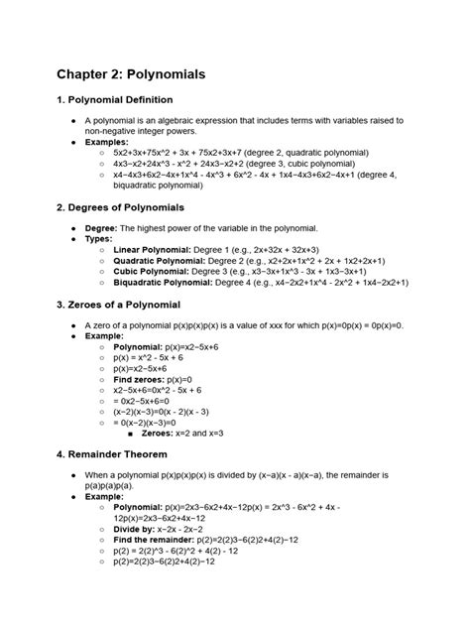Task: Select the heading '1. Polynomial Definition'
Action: (114, 100)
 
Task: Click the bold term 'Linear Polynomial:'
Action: (146, 248)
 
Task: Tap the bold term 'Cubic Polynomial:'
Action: (145, 270)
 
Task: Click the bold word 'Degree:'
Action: (102, 227)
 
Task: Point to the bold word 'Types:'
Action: (99, 238)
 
